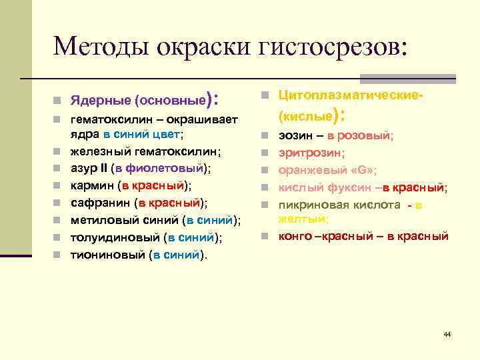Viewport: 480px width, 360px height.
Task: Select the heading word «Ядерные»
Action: [x=101, y=102]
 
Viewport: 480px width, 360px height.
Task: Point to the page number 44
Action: [x=447, y=333]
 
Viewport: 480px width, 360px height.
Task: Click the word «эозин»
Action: [x=293, y=135]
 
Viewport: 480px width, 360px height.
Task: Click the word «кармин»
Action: [x=91, y=185]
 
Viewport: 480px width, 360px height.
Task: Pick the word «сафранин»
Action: [x=99, y=203]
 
